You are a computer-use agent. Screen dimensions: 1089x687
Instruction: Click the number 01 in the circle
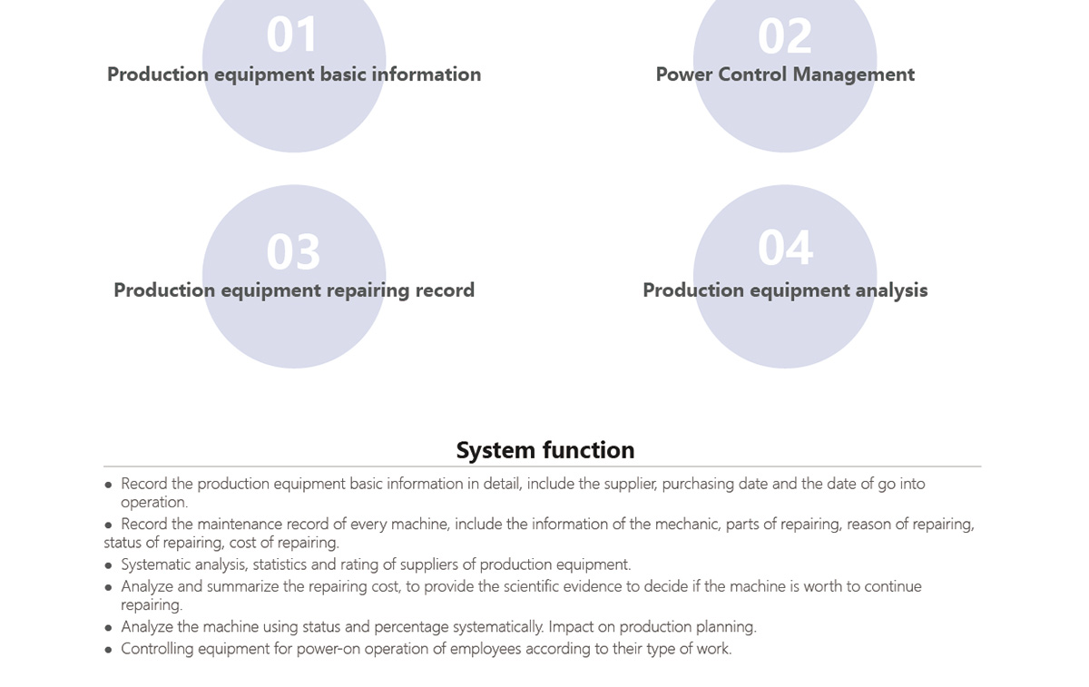click(x=292, y=34)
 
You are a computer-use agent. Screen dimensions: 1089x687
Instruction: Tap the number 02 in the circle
click(x=785, y=35)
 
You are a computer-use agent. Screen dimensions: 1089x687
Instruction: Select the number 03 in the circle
click(x=293, y=251)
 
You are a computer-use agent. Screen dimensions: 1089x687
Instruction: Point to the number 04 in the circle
click(x=785, y=248)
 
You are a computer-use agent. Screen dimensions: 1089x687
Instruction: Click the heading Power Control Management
click(x=785, y=74)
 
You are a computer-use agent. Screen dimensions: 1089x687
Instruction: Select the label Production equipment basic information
click(x=294, y=75)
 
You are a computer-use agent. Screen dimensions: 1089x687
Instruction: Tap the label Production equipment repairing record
click(x=294, y=290)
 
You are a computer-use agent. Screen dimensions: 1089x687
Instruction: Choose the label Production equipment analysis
click(x=785, y=290)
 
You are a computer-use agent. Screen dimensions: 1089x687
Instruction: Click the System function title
click(x=545, y=450)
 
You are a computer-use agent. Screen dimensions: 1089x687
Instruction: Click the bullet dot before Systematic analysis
click(x=108, y=565)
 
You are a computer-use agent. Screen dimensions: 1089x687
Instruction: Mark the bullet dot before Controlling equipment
click(x=108, y=650)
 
